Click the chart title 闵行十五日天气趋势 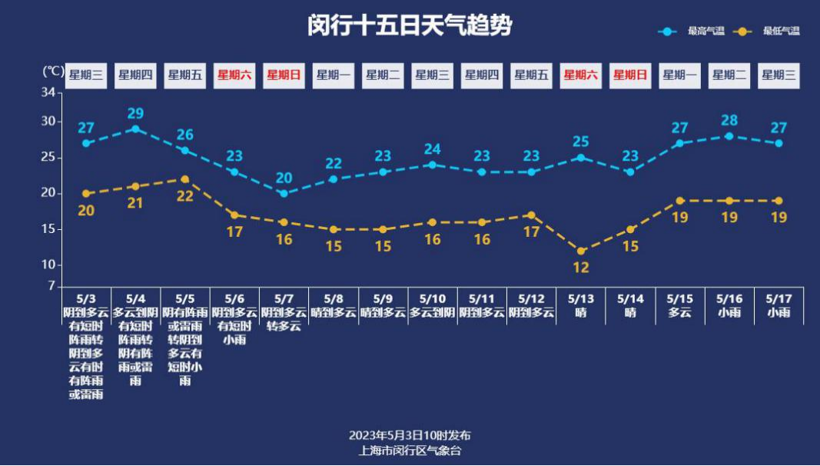(409, 25)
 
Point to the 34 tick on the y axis (48, 93)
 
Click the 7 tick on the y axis (51, 286)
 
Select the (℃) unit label (52, 72)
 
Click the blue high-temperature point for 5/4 (135, 129)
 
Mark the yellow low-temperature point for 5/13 (581, 251)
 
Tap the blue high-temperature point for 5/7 (284, 194)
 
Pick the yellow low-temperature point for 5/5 (184, 179)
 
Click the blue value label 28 (729, 120)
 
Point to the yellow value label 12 (581, 268)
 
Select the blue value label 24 (433, 149)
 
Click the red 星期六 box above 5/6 (234, 75)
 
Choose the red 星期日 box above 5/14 (630, 75)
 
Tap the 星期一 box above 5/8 (334, 75)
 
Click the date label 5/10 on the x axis (432, 298)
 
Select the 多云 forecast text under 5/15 (679, 313)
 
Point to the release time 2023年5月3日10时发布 (410, 435)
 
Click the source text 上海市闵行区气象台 (410, 451)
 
